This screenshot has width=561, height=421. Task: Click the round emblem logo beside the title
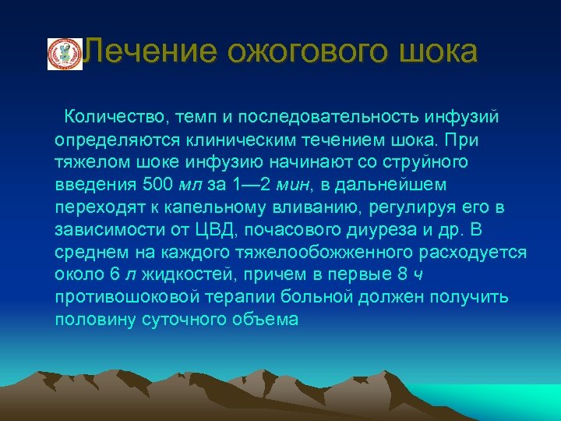(x=65, y=54)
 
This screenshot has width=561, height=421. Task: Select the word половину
(x=92, y=320)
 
